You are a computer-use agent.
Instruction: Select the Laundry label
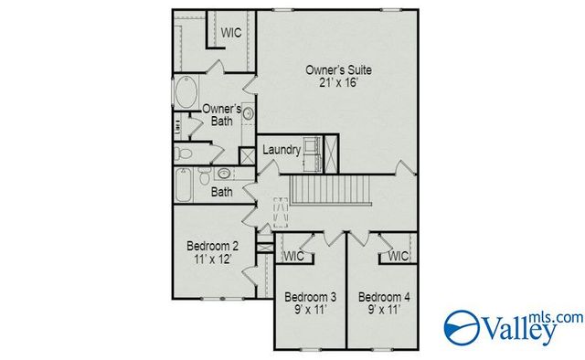(x=282, y=150)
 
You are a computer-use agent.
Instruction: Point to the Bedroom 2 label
(x=213, y=246)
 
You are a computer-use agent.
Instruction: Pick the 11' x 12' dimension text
(x=213, y=260)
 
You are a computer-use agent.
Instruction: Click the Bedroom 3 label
(x=309, y=297)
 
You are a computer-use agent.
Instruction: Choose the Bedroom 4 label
(x=384, y=297)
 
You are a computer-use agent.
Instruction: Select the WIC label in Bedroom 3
(x=292, y=257)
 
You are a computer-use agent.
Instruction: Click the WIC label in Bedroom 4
(x=399, y=257)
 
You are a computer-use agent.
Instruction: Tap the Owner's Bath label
(x=221, y=115)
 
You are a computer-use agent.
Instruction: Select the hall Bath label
(x=222, y=193)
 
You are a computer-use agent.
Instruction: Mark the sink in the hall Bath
(x=223, y=173)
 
